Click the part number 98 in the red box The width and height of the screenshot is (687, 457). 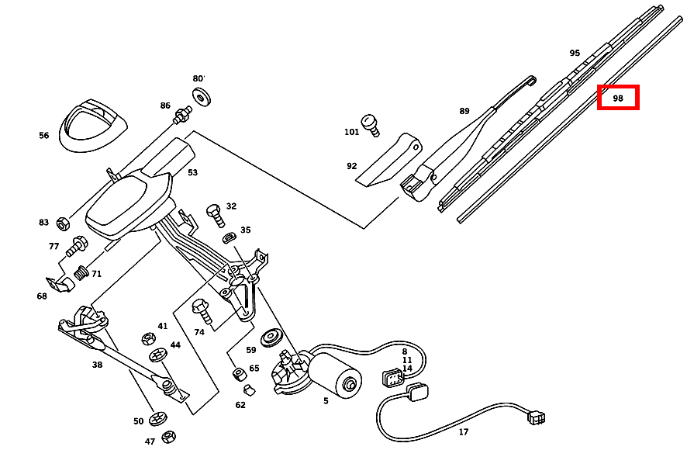(x=618, y=99)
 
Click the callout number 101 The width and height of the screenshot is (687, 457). (x=352, y=132)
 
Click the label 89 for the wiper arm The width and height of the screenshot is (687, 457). (x=464, y=111)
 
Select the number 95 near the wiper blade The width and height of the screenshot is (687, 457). (x=575, y=54)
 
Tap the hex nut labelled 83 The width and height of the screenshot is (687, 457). (x=64, y=223)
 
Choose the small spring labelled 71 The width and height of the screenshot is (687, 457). (x=81, y=273)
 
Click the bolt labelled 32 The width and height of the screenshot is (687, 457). (x=214, y=213)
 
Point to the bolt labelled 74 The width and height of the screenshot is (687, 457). (x=202, y=311)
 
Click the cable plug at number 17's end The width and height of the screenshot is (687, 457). (x=537, y=417)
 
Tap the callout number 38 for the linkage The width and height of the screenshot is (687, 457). (x=97, y=364)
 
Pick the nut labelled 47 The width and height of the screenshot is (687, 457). (x=169, y=437)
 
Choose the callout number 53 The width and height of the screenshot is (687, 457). (x=192, y=172)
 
